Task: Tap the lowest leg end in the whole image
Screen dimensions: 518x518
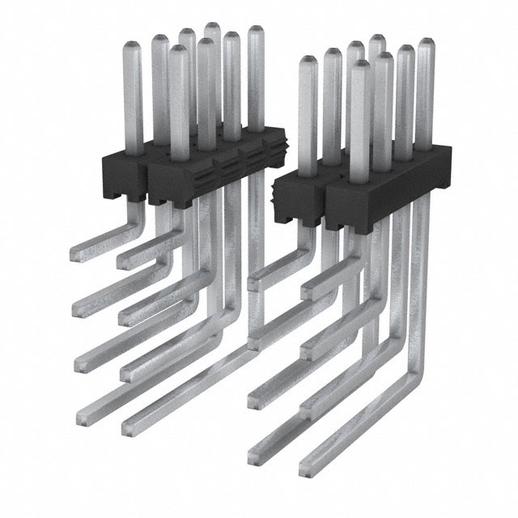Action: pyautogui.click(x=305, y=469)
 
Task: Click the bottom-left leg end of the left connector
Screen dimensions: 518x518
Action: pyautogui.click(x=83, y=417)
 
